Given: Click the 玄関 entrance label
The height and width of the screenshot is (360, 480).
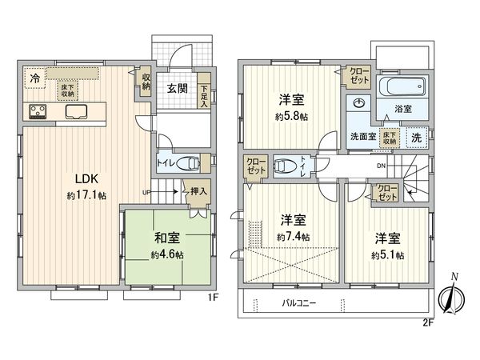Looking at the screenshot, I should tap(178, 88).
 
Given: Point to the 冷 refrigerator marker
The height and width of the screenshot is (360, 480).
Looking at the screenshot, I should tap(35, 78).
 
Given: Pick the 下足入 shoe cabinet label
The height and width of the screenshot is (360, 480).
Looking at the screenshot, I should tap(205, 96).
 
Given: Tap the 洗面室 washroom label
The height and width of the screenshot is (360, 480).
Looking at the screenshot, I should tap(362, 136).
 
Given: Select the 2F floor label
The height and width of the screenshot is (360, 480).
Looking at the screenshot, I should tap(428, 323).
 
